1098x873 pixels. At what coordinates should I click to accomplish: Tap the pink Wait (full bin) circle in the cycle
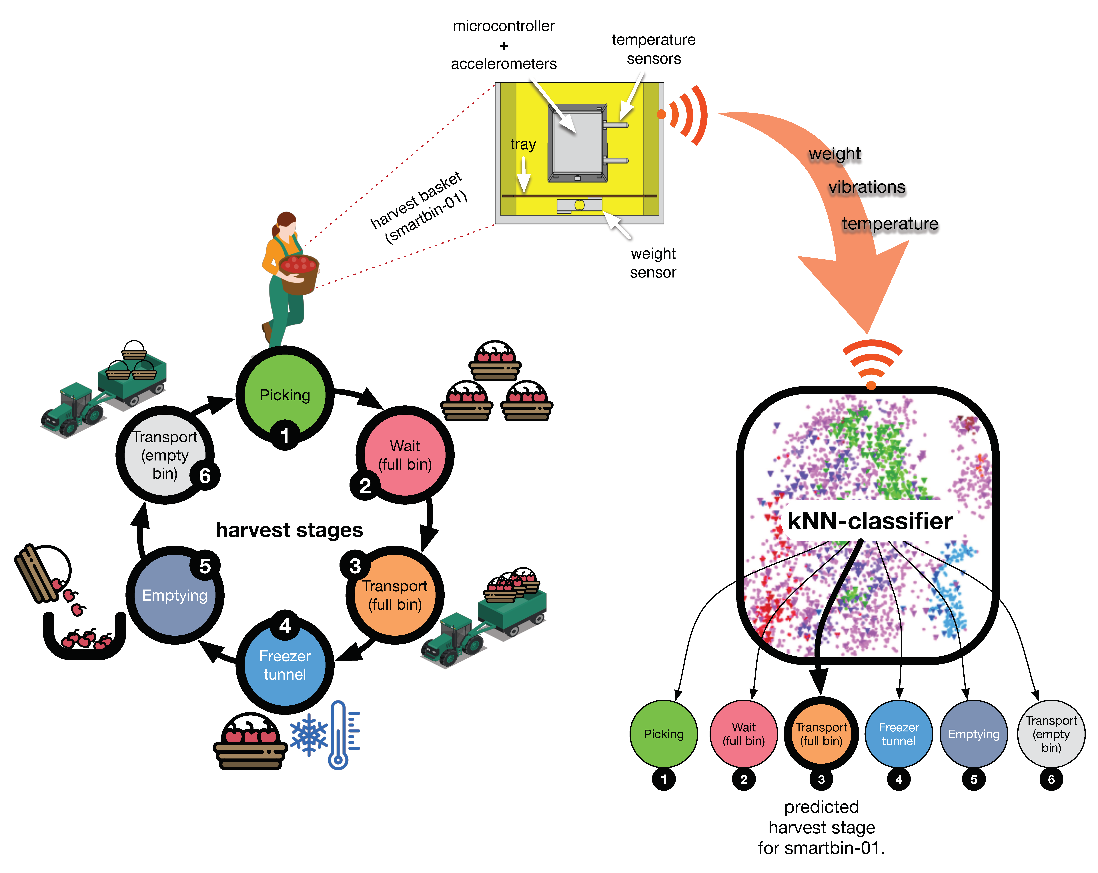coord(405,455)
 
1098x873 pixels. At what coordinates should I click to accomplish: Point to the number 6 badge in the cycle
coord(205,476)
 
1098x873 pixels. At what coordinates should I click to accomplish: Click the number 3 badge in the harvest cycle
coord(355,566)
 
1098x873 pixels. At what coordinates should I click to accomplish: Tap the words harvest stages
coord(289,530)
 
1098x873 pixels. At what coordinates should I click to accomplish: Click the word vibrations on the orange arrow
coord(867,187)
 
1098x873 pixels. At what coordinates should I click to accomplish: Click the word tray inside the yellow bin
coord(523,145)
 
